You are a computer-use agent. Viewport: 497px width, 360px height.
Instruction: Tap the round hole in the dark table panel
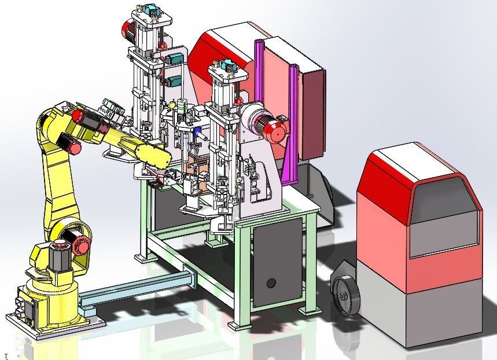point(271,283)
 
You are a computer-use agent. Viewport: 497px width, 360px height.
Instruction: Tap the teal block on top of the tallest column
point(153,10)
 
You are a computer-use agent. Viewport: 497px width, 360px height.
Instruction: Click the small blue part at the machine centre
point(198,133)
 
